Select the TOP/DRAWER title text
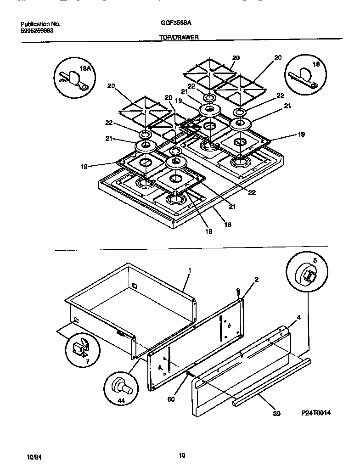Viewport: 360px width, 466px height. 179,39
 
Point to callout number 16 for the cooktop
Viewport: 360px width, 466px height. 227,225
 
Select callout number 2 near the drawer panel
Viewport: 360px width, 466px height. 256,280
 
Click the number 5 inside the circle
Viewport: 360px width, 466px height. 315,260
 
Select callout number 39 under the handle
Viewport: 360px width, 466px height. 276,413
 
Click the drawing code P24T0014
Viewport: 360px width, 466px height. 316,413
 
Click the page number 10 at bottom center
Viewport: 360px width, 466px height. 182,455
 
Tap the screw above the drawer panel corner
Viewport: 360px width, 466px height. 238,291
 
